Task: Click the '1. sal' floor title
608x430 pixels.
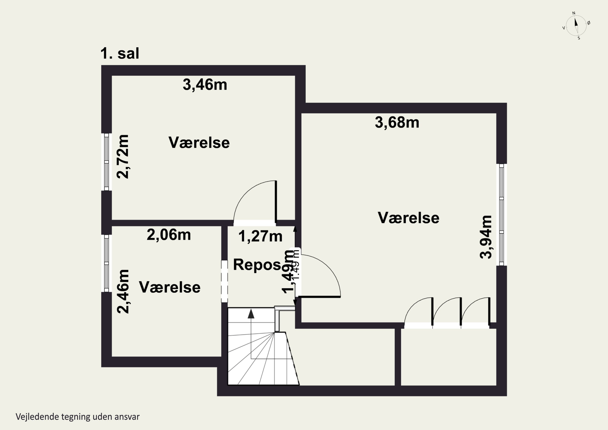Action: pyautogui.click(x=120, y=54)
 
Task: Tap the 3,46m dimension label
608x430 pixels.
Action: pyautogui.click(x=205, y=85)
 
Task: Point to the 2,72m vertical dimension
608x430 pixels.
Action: pyautogui.click(x=123, y=157)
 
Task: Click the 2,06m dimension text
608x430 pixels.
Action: pyautogui.click(x=169, y=235)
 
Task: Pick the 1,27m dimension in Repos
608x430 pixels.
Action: pyautogui.click(x=260, y=236)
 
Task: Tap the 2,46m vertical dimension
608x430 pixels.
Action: pyautogui.click(x=123, y=292)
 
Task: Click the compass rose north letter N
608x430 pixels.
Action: pyautogui.click(x=574, y=13)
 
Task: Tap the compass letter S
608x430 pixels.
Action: pyautogui.click(x=579, y=38)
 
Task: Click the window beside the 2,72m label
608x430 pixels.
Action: pyautogui.click(x=106, y=162)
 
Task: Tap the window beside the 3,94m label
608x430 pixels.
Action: pyautogui.click(x=501, y=215)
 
